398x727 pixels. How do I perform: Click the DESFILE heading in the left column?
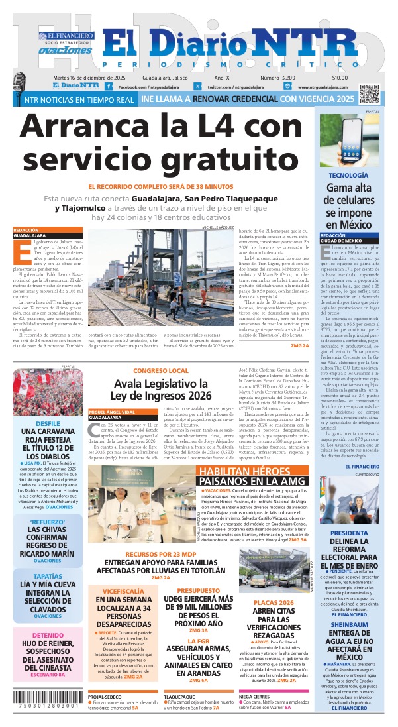click(x=48, y=423)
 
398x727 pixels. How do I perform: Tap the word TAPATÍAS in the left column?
click(x=48, y=577)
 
